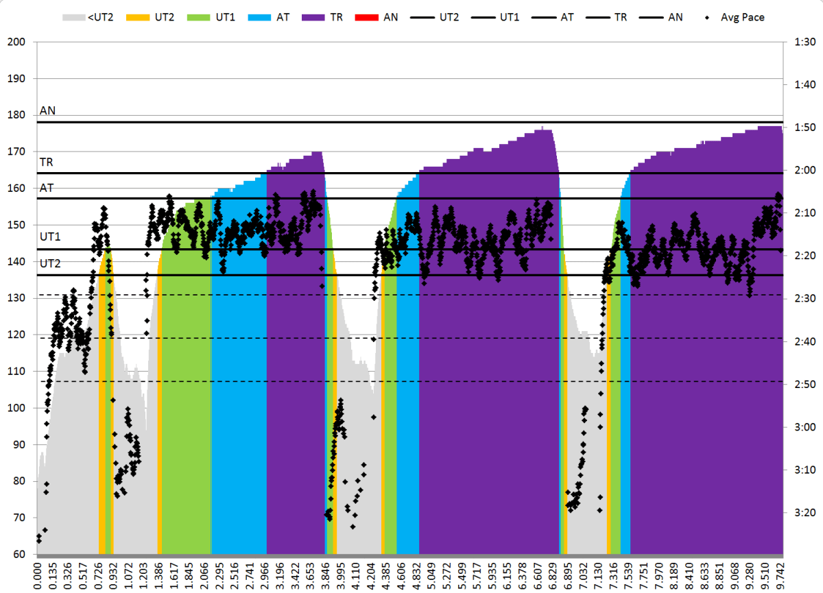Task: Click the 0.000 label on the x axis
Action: click(38, 575)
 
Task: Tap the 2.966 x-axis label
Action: click(267, 575)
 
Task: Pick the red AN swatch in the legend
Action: click(362, 17)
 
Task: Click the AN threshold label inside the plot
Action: click(48, 110)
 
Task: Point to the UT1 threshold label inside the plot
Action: click(50, 237)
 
